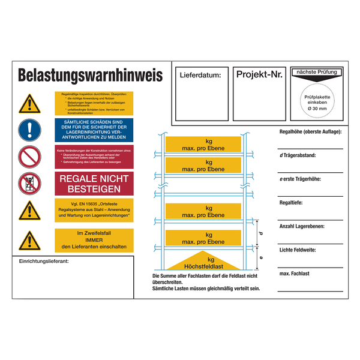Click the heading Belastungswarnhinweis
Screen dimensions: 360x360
(x=90, y=76)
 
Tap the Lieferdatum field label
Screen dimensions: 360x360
(x=200, y=75)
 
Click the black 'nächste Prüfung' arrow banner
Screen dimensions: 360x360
(x=317, y=73)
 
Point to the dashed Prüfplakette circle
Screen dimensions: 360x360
(x=317, y=101)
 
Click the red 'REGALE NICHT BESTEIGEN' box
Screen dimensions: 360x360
(x=93, y=183)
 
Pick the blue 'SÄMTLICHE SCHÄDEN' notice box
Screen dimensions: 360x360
(x=93, y=130)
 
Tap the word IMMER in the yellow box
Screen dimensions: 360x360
(x=93, y=240)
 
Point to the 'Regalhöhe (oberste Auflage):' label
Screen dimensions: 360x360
(x=311, y=131)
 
